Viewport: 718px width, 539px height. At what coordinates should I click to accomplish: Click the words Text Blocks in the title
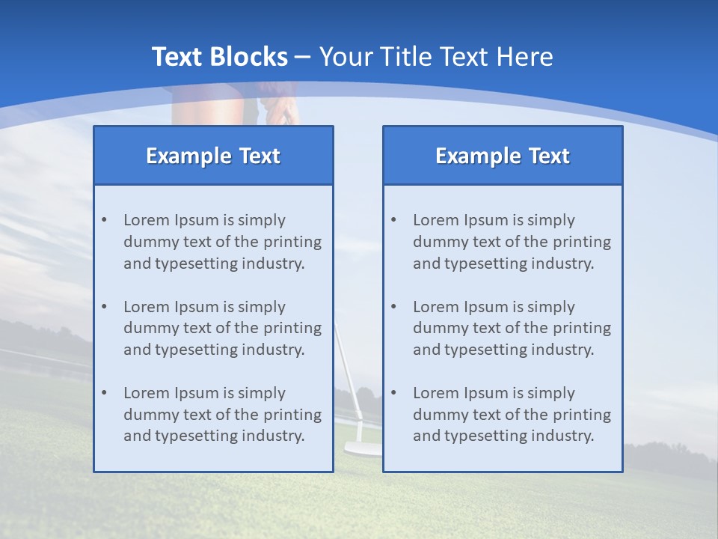point(219,57)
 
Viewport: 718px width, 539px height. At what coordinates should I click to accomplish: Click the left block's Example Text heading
point(213,156)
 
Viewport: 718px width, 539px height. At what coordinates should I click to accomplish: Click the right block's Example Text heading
point(503,156)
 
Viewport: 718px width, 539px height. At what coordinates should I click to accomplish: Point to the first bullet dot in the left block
point(104,220)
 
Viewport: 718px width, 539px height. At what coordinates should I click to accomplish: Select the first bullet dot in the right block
point(393,220)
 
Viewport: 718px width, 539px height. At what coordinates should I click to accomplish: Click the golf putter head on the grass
point(363,449)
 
